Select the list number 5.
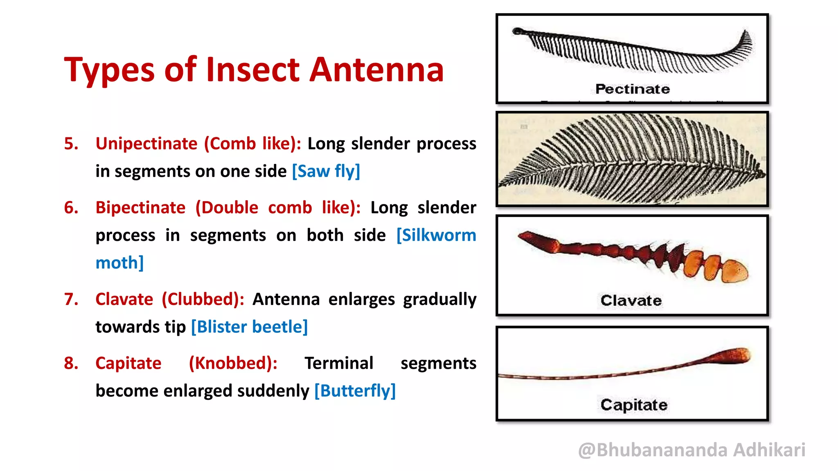point(71,144)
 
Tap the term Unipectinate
point(146,144)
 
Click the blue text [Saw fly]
point(326,171)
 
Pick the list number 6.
point(71,208)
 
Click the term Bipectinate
point(140,208)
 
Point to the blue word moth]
point(119,263)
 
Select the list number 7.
point(71,299)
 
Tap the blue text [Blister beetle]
point(249,327)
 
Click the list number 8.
point(71,363)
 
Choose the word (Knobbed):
point(233,363)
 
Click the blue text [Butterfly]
point(355,391)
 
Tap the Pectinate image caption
point(632,89)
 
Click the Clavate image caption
point(631,301)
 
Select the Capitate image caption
point(634,405)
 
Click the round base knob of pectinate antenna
point(518,31)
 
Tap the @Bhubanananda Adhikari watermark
point(692,450)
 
